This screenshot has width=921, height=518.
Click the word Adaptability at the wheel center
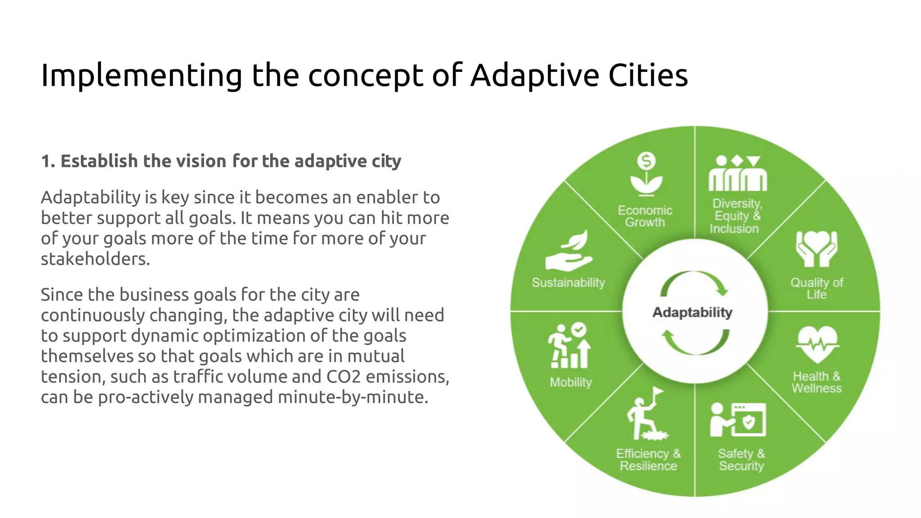point(692,312)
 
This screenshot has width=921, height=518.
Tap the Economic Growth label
point(645,216)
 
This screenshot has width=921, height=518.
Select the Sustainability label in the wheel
point(568,283)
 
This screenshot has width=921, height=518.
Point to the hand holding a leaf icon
point(569,251)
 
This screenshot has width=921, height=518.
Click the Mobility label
point(571,382)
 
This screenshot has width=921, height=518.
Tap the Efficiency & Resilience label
point(648,460)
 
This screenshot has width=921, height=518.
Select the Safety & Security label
point(741,460)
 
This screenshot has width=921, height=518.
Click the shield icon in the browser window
point(749,422)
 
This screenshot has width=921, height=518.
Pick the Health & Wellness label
point(816,382)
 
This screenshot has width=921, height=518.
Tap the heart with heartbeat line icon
point(817,344)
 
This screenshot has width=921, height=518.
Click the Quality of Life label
point(817,288)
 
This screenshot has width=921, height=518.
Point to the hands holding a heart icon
point(817,248)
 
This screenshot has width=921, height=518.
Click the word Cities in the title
point(648,75)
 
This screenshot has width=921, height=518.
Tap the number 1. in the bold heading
point(48,161)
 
